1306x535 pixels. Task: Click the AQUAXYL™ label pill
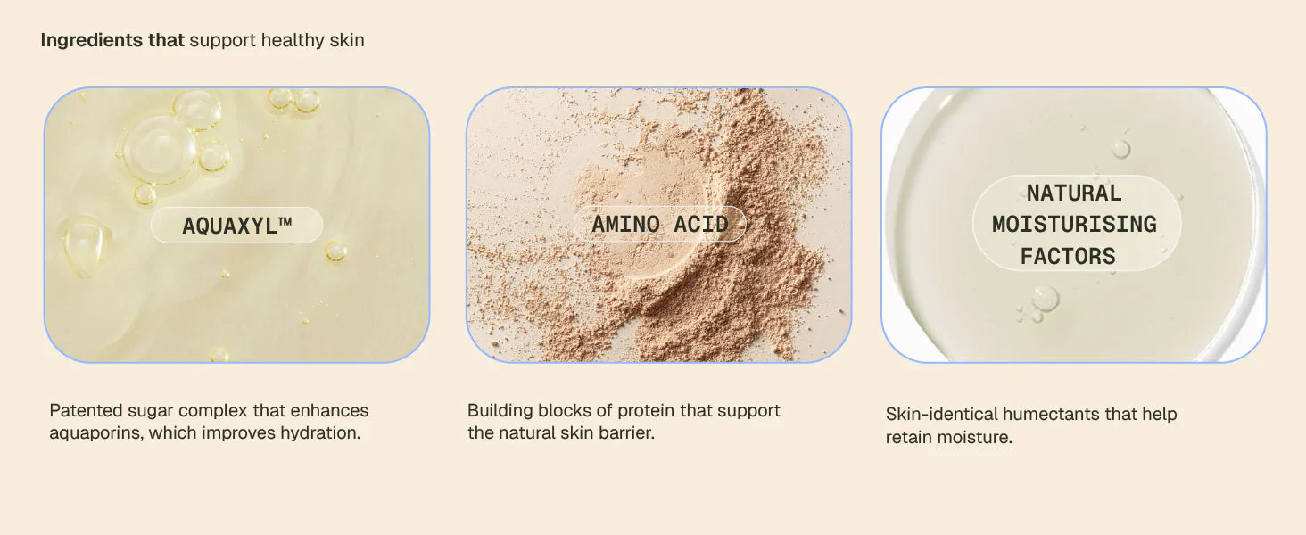point(236,225)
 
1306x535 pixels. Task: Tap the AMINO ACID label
point(660,224)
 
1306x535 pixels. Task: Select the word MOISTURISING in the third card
point(1074,225)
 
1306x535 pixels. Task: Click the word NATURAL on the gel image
point(1074,193)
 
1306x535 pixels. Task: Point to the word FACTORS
point(1068,257)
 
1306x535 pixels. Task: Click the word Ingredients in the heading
point(92,40)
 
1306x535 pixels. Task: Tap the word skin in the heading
point(347,39)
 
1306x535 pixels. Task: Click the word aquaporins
point(96,433)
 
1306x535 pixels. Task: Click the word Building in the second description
point(500,410)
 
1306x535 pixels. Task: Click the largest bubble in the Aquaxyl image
point(156,149)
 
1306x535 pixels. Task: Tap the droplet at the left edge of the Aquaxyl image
point(86,245)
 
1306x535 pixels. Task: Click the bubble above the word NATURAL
point(1121,149)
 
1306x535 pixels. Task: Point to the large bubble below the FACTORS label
point(1045,298)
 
